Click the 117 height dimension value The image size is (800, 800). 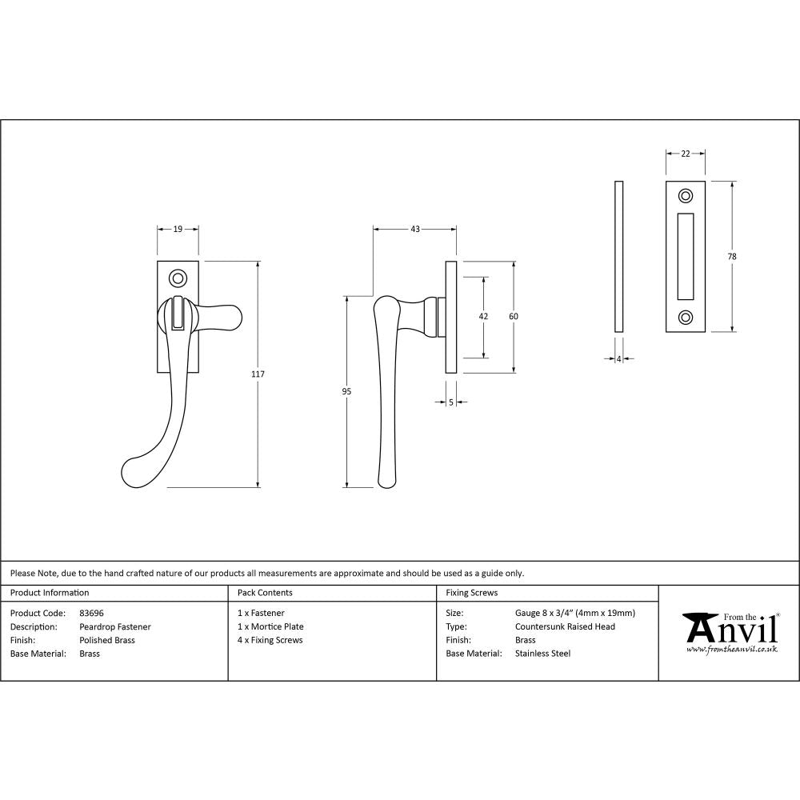coord(258,374)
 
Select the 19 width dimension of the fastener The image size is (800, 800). coord(178,229)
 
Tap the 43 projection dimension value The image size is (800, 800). coord(415,229)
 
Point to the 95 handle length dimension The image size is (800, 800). coord(346,391)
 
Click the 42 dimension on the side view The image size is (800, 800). coord(483,316)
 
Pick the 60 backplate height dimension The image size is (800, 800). coord(514,316)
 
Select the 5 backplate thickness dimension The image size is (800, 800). coord(451,403)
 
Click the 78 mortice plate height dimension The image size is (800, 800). coord(733,256)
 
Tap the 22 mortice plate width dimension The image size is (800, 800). coord(686,154)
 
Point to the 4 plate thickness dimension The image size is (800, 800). coord(618,359)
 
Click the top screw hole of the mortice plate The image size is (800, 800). coord(686,196)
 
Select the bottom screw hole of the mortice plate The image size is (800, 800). coord(686,317)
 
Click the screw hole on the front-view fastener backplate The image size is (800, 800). coord(178,278)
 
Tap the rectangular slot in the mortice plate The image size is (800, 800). coord(686,256)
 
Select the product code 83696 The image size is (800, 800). coord(92,614)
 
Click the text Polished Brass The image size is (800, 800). coord(107,640)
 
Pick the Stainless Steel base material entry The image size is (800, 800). coord(543,654)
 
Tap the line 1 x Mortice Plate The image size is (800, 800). coord(271,626)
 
